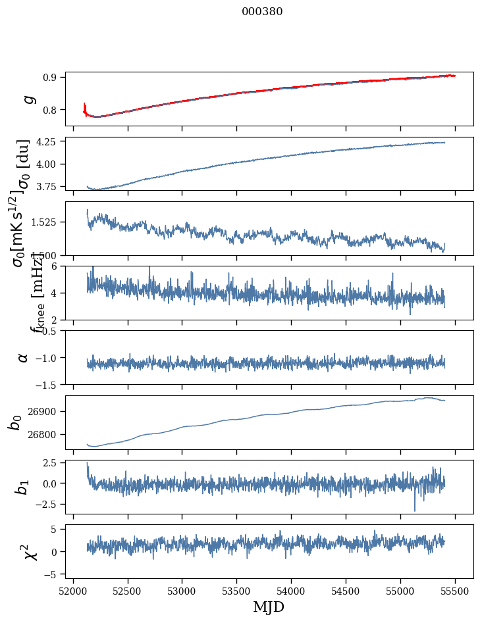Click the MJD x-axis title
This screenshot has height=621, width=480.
point(269,607)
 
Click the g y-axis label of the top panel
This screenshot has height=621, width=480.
point(27,99)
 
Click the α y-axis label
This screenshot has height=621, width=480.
point(24,357)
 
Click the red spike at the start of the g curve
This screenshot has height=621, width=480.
point(85,107)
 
